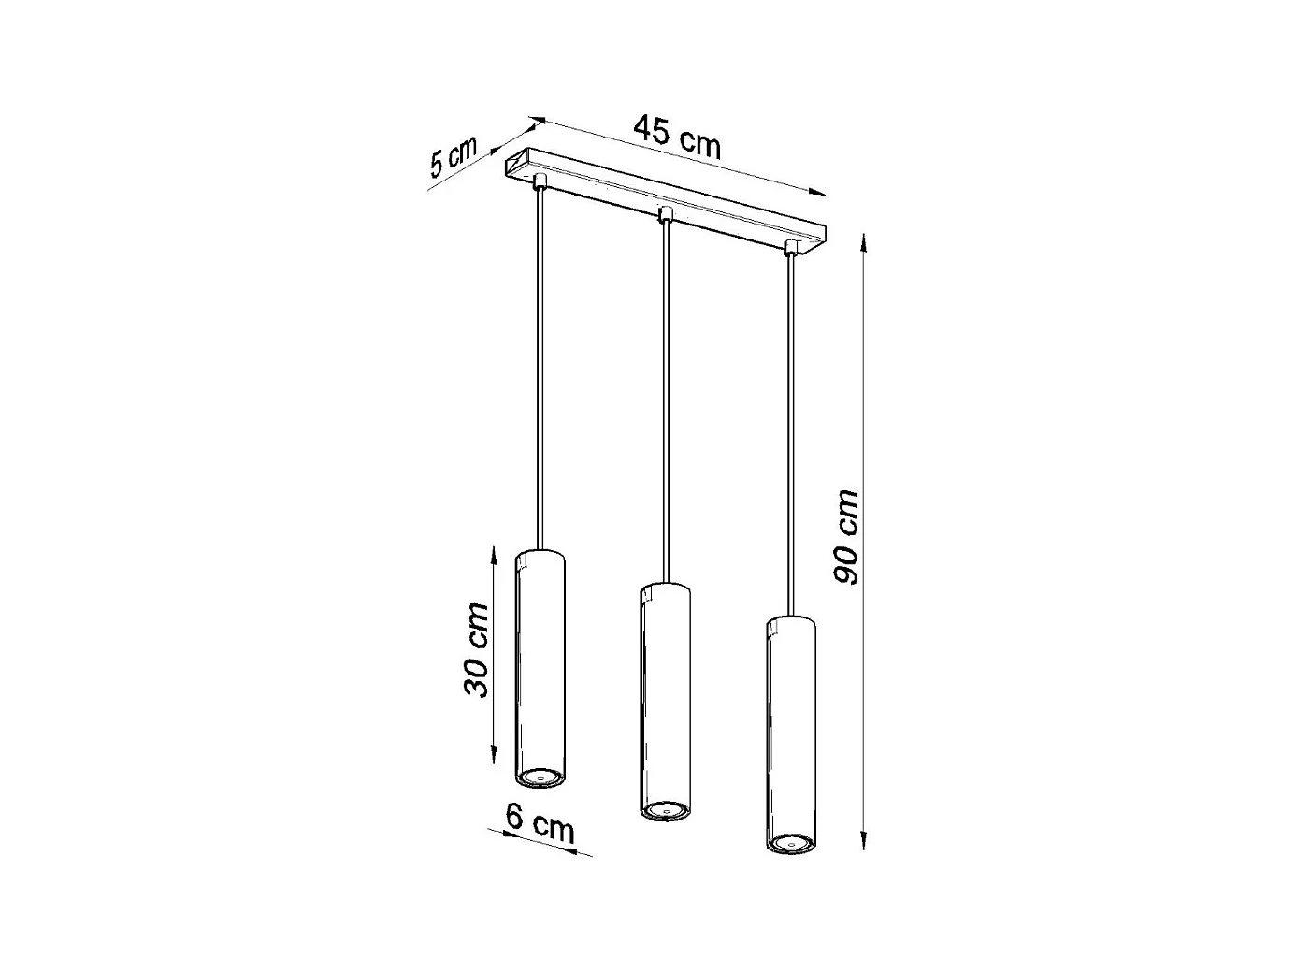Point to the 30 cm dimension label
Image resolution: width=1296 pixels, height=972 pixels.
coord(476,649)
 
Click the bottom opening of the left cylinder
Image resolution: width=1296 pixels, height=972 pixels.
coord(540,776)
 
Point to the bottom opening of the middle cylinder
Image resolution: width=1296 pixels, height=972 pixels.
coord(665,809)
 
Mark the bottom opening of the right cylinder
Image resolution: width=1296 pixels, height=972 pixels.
coord(790,845)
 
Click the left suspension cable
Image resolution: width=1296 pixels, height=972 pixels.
coord(540,365)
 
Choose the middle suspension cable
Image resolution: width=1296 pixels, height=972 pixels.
coord(665,402)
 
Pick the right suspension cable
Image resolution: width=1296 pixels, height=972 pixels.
coord(791,430)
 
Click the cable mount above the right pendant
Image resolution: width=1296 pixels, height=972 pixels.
coord(791,247)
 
